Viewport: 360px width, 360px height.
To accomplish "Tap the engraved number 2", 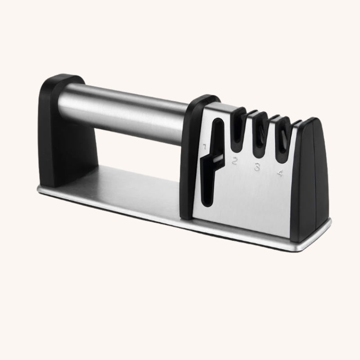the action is click(234, 161).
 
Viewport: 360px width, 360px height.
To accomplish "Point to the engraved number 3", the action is click(257, 166).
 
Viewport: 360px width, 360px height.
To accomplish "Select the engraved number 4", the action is click(280, 173).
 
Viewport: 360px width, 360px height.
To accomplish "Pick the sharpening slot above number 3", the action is click(261, 137).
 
